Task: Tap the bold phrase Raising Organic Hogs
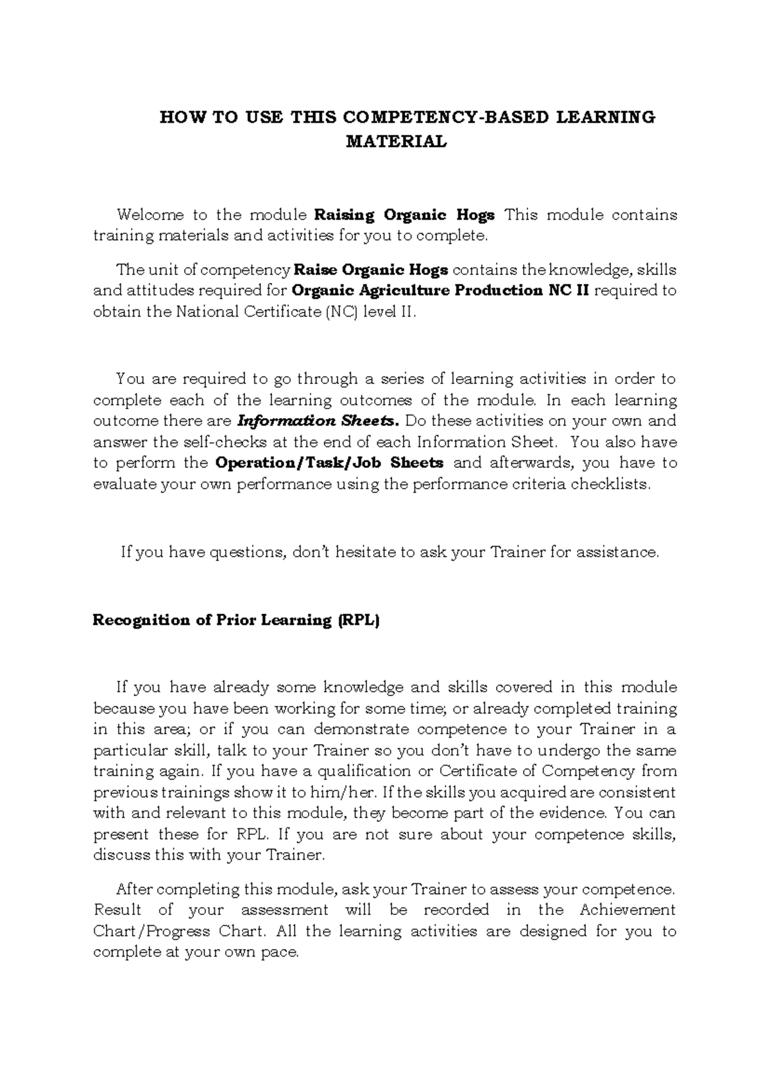(404, 214)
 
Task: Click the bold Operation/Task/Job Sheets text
(329, 463)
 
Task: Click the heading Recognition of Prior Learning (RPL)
(236, 620)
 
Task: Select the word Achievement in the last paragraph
(627, 910)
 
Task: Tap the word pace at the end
(280, 952)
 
